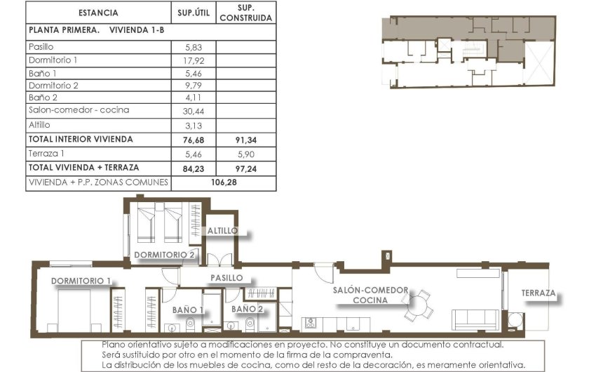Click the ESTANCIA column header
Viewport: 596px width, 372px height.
click(98, 13)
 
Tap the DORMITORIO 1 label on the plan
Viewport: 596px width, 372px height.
click(81, 281)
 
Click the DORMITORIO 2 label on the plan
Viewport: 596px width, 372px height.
click(164, 254)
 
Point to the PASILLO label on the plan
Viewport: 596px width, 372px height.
click(226, 278)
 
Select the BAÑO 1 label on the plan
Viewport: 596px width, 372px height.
click(188, 309)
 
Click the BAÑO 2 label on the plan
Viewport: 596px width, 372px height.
click(248, 309)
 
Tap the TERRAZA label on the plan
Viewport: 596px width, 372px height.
click(539, 293)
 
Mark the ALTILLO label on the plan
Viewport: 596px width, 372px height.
click(222, 230)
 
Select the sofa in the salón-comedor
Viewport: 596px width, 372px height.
click(475, 319)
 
